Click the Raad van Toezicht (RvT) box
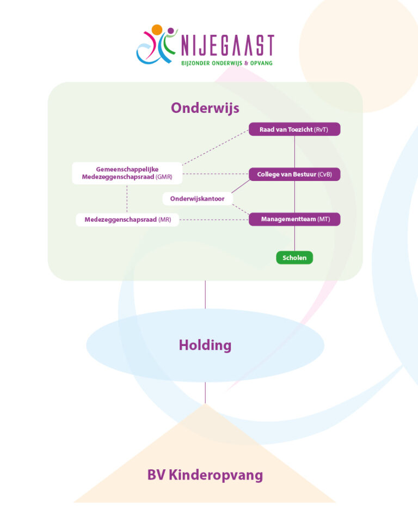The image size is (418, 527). tap(294, 129)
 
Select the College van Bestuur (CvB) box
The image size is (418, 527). tap(294, 174)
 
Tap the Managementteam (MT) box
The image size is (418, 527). tap(294, 219)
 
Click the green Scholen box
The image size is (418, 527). tap(294, 258)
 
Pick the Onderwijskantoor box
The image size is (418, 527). tap(197, 199)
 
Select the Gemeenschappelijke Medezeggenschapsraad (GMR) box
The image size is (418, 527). tap(127, 173)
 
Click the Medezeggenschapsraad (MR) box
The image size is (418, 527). tap(127, 220)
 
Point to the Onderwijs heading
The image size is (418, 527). tap(205, 108)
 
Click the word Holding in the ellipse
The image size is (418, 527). tap(205, 345)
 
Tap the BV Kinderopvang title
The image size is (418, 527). tap(205, 475)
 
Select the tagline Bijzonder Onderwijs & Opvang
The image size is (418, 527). tap(226, 63)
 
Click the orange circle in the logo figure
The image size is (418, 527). tap(157, 29)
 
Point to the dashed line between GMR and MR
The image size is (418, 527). tap(127, 198)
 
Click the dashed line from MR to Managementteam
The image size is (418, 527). tap(214, 220)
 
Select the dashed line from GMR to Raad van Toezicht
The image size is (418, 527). tap(216, 147)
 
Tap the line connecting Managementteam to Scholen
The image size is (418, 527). tap(294, 238)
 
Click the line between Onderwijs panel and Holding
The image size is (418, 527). tap(205, 294)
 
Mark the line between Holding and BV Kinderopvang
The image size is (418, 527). tap(205, 392)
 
